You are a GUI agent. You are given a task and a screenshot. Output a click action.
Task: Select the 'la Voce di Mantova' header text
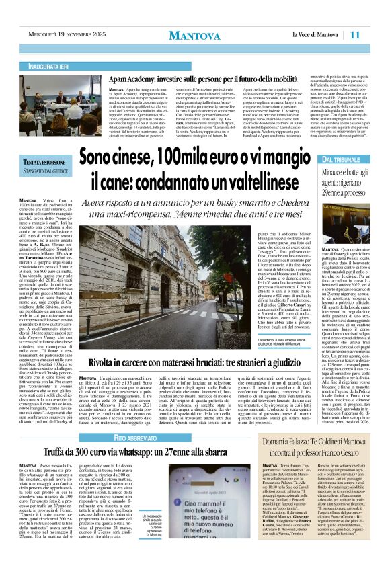point(315,35)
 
